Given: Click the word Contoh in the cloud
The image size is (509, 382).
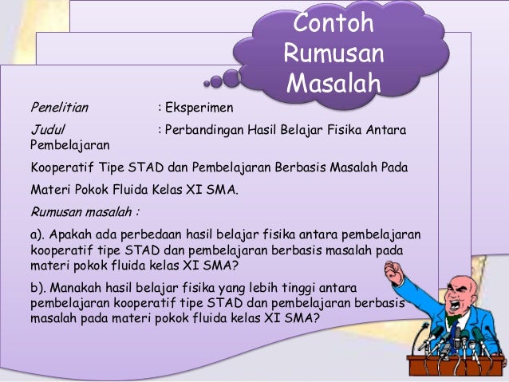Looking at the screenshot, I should [333, 24].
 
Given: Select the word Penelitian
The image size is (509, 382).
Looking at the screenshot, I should [60, 106].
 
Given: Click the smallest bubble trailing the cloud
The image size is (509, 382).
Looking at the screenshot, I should [207, 82].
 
